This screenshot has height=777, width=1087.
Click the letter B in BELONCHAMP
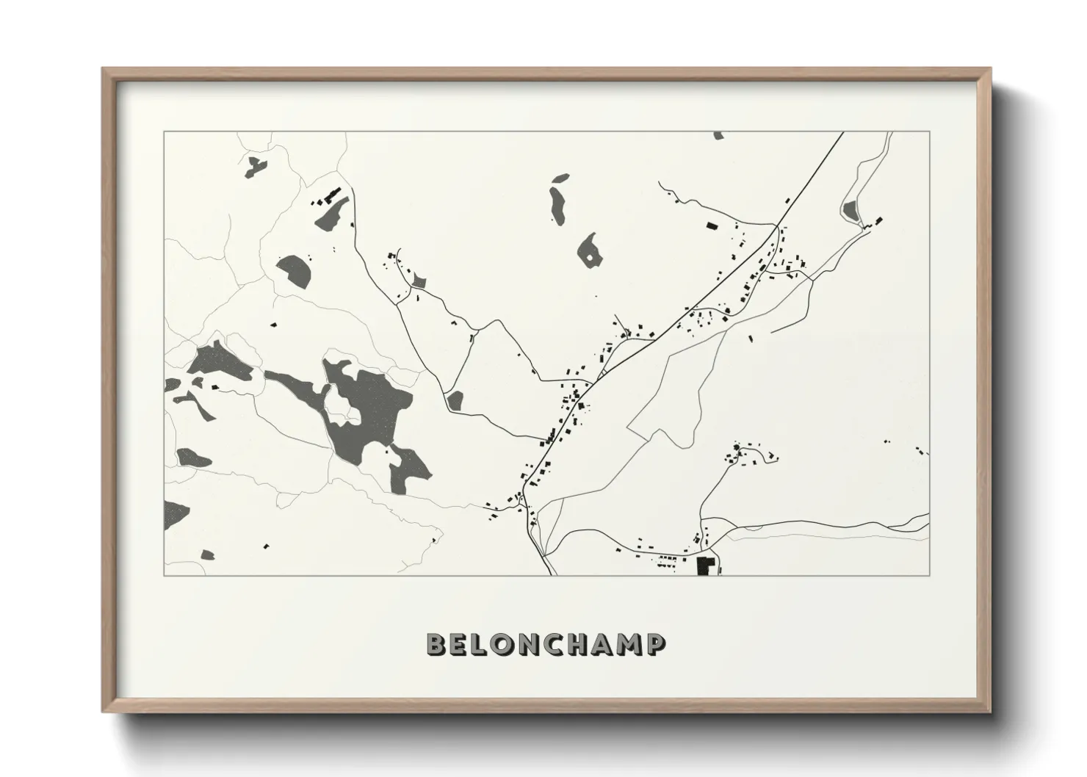(436, 645)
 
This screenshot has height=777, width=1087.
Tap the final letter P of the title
(656, 645)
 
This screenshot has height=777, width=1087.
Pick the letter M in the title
(629, 645)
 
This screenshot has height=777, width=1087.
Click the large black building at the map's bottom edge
(706, 566)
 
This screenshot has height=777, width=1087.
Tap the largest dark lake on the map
(367, 411)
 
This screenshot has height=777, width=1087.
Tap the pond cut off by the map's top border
(718, 135)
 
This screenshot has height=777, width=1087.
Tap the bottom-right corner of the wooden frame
(989, 712)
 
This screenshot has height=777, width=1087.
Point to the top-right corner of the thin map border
(929, 131)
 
